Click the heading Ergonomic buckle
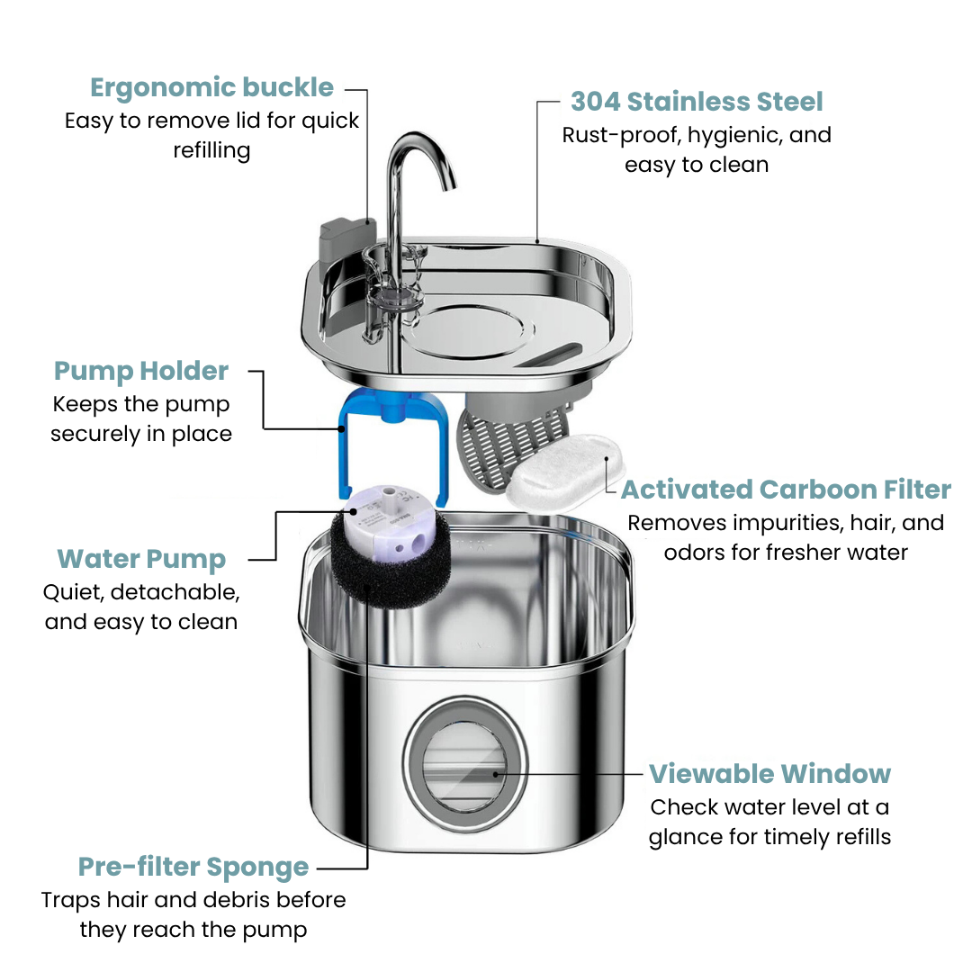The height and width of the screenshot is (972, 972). click(211, 88)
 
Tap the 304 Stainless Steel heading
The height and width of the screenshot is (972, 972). click(697, 102)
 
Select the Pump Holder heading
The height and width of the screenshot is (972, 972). click(141, 371)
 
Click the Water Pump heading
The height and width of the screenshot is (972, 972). click(141, 559)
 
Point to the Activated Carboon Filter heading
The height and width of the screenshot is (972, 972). click(786, 490)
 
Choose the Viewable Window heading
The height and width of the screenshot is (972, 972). click(769, 774)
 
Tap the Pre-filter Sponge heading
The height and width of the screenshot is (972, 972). click(193, 868)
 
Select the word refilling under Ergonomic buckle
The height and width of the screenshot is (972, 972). click(211, 150)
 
